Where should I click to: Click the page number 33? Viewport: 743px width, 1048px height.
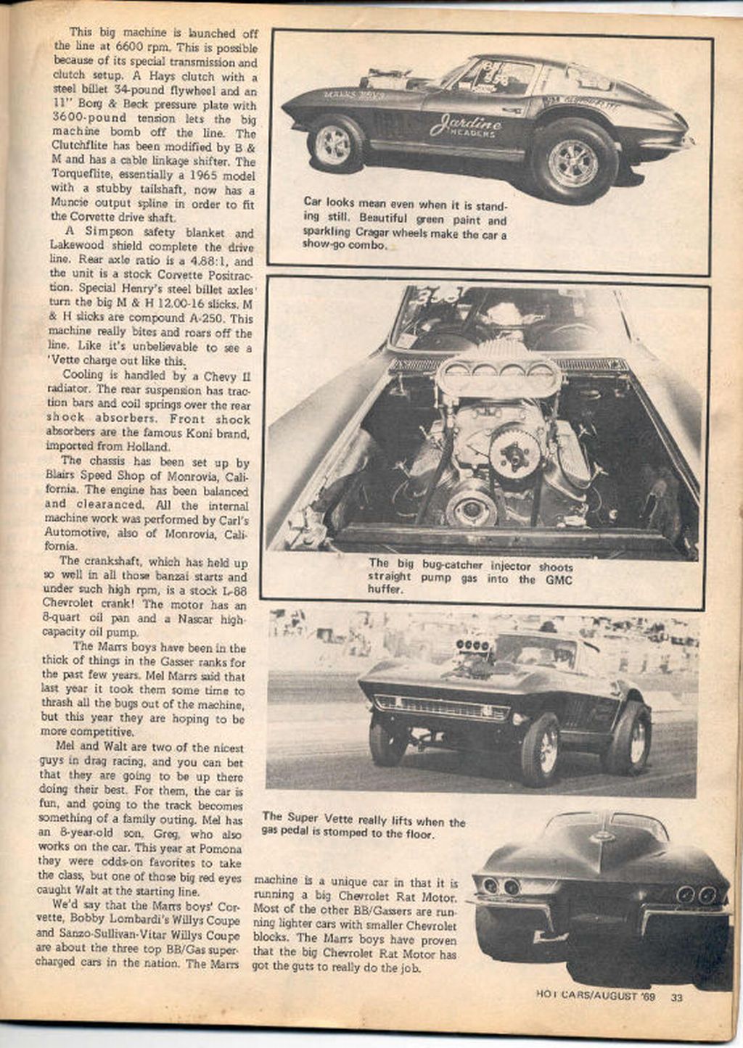coord(676,997)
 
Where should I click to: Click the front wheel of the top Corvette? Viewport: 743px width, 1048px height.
coord(333,143)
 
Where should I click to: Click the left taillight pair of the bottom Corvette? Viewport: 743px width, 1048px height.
coord(501,886)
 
